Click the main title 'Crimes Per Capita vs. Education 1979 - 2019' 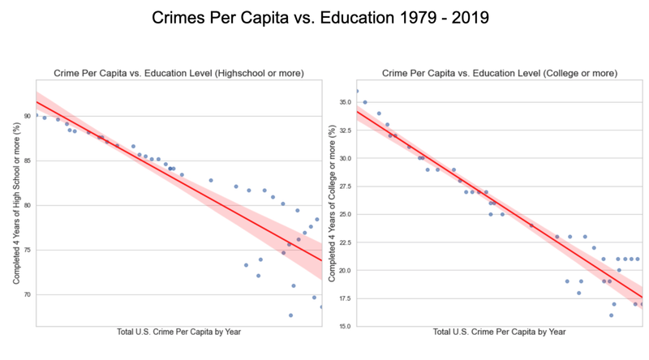coord(324,17)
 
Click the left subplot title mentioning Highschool coord(178,73)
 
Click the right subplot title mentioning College coord(499,73)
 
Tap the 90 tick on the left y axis coord(26,116)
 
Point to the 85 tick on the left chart coord(26,161)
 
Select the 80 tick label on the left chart coord(26,205)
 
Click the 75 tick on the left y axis coord(26,250)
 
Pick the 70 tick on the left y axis coord(26,294)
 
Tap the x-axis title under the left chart coord(178,332)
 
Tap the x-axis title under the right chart coord(499,332)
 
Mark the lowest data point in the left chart coord(290,315)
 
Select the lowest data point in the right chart coord(611,315)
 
